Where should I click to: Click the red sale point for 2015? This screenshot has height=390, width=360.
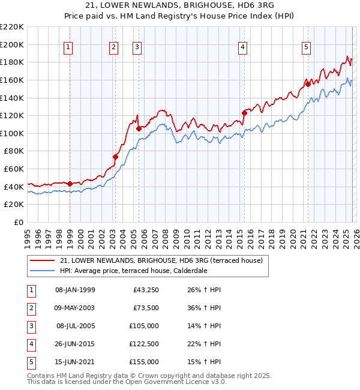(244, 113)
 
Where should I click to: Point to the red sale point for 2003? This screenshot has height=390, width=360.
(115, 157)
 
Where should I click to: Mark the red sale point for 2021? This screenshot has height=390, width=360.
(308, 84)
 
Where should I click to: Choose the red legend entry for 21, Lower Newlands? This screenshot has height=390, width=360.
(156, 260)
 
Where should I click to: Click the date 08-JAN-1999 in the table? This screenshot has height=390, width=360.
(75, 290)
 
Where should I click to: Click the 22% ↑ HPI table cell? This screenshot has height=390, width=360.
(206, 344)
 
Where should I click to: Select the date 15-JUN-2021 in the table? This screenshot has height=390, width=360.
(75, 362)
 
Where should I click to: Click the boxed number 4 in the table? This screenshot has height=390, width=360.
(30, 344)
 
